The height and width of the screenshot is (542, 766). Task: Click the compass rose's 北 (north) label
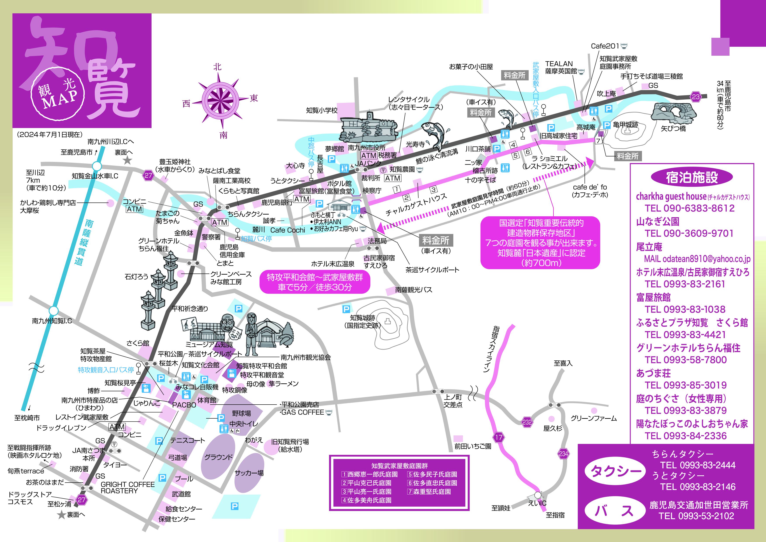click(217, 67)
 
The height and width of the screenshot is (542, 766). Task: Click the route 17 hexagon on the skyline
click(499, 437)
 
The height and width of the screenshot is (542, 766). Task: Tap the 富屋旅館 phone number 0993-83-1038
click(685, 309)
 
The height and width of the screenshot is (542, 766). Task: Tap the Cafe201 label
click(605, 46)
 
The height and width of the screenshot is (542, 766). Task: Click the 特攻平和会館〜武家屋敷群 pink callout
click(315, 282)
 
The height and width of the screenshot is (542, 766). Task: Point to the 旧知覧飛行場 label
click(290, 445)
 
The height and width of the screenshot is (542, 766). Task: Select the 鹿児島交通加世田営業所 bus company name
click(699, 505)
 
